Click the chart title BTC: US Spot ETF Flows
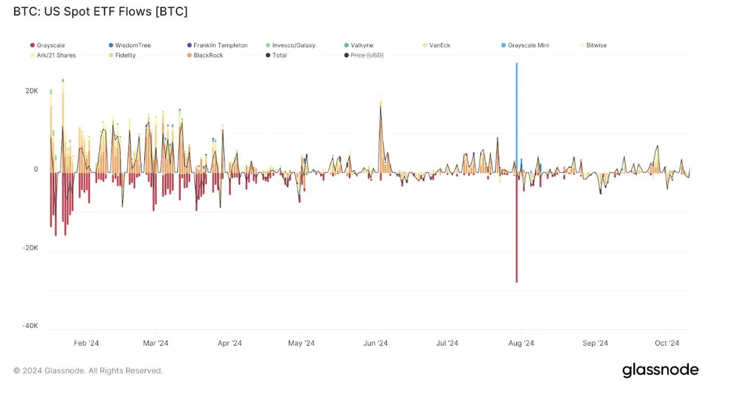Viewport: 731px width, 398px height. coord(100,11)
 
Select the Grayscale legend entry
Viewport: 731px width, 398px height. coord(51,45)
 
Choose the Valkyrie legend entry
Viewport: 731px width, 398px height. coord(362,45)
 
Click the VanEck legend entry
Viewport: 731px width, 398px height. coord(440,45)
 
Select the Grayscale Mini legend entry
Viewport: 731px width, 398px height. coord(528,45)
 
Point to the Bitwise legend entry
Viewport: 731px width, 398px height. coord(596,45)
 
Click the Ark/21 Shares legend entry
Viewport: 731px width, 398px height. coord(56,55)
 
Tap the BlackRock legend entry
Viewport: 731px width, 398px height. coord(208,55)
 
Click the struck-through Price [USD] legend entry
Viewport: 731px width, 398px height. coord(367,55)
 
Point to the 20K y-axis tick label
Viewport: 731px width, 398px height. coord(31,91)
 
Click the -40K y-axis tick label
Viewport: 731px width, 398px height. coord(30,326)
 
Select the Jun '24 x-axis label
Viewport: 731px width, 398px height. coord(375,343)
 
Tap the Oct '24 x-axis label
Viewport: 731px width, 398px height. coord(667,343)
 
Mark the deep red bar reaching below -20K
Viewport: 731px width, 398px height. coord(516,238)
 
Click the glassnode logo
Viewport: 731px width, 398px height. coord(660,370)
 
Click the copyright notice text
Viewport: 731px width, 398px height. coord(88,371)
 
